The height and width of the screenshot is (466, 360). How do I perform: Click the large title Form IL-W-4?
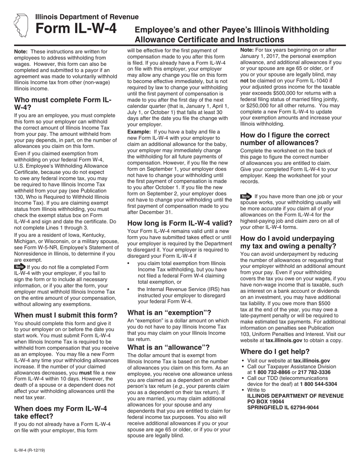[76, 30]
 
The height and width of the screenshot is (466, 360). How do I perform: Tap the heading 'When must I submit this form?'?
[66, 315]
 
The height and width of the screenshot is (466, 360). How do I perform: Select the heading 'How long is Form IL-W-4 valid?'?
[180, 223]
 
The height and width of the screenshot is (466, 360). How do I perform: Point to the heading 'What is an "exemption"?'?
[169, 313]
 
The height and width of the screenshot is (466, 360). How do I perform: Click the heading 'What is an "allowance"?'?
[168, 347]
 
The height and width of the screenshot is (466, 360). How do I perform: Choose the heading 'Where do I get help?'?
[275, 351]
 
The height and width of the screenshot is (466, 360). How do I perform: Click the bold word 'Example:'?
[139, 132]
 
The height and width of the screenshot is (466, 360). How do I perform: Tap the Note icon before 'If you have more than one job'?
[246, 196]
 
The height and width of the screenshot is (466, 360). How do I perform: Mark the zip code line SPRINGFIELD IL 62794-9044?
[283, 408]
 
